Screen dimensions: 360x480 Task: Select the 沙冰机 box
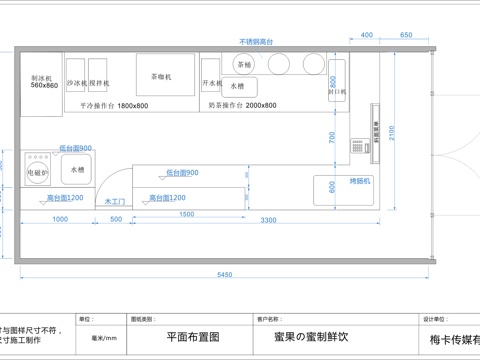point(77,82)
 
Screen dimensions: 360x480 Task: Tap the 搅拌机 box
point(99,82)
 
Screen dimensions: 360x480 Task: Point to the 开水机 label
point(211,82)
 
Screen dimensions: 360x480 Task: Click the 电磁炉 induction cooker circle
point(38,169)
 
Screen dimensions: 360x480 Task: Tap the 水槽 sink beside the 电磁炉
point(78,170)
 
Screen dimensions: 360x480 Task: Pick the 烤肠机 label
point(359,181)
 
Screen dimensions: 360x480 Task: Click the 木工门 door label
point(114,201)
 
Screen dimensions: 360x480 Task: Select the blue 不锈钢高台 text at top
point(257,42)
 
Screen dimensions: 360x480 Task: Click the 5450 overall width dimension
point(225,275)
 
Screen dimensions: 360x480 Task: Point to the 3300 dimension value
point(268,219)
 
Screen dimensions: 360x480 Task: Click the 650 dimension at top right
point(406,35)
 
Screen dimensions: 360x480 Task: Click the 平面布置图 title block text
point(191,338)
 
